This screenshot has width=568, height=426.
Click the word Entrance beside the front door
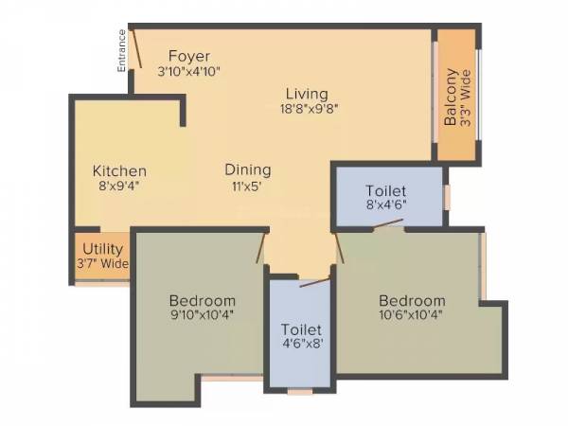(121, 52)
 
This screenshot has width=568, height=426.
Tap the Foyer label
(189, 56)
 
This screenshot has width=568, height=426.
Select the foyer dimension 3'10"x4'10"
(189, 71)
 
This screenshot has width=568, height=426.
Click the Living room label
(304, 94)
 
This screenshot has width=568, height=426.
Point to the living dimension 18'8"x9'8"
(304, 108)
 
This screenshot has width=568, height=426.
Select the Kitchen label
(119, 170)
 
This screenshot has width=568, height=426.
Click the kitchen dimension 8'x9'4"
(119, 186)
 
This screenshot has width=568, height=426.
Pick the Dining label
(248, 170)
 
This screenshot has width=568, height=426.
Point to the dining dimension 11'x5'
(248, 186)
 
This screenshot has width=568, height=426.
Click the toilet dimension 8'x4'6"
(387, 203)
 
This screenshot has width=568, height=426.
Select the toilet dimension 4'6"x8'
(300, 345)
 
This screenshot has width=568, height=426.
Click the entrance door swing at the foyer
(136, 47)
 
